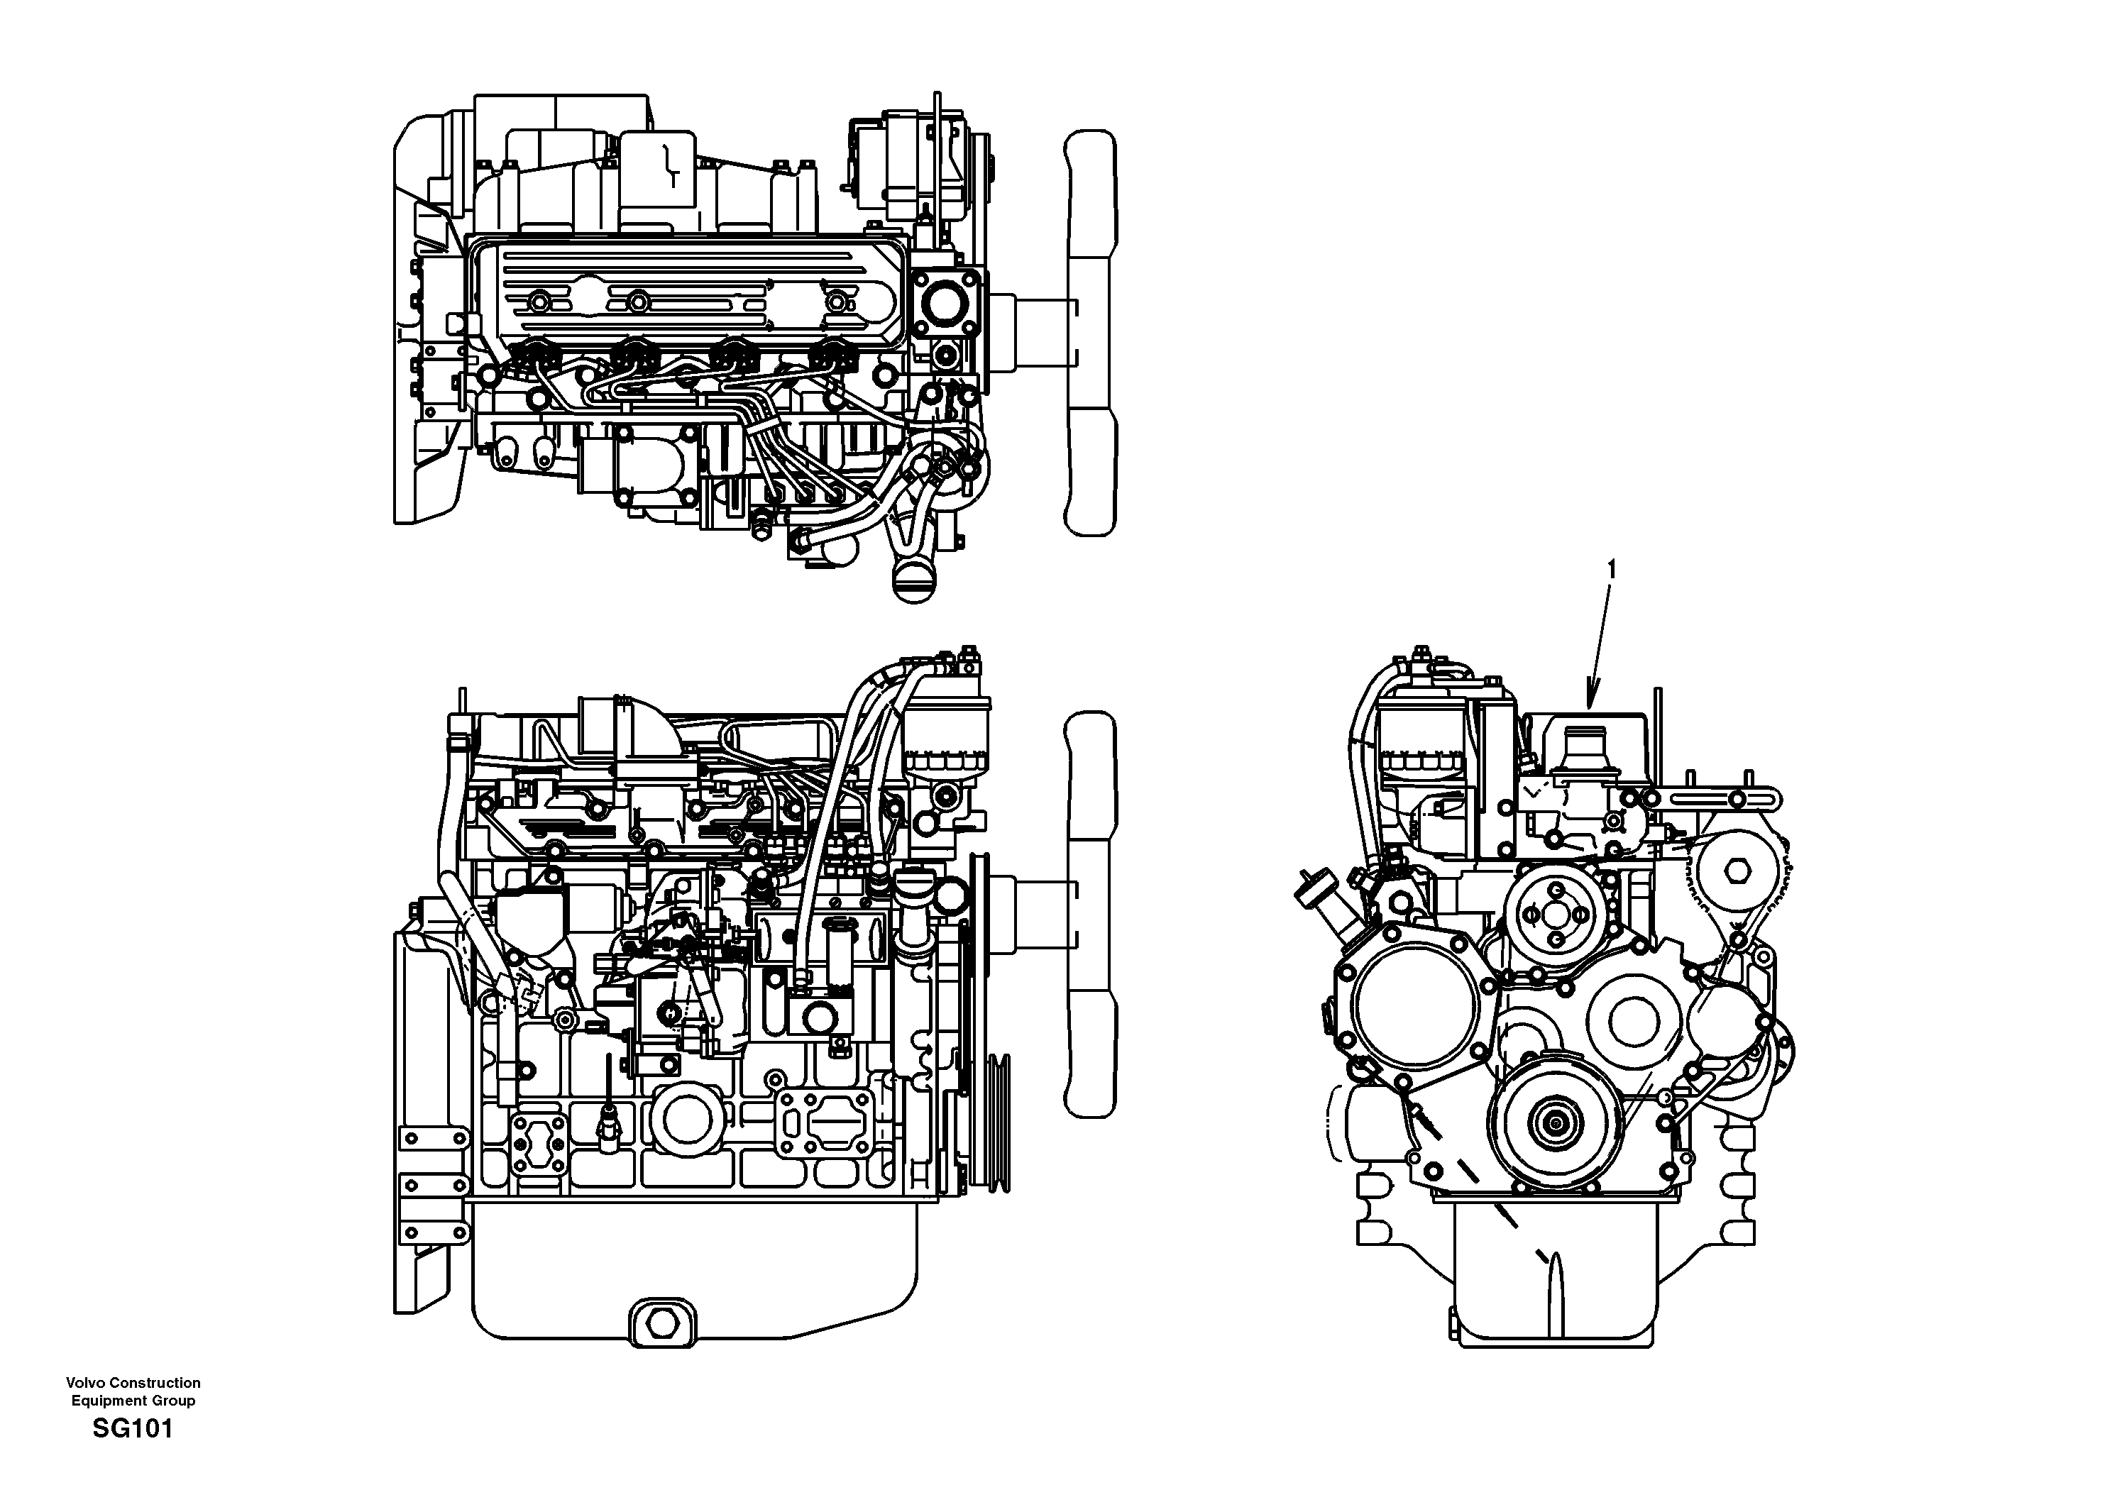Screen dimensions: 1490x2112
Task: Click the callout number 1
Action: pyautogui.click(x=1610, y=570)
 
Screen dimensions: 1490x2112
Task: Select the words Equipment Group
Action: pyautogui.click(x=133, y=1401)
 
